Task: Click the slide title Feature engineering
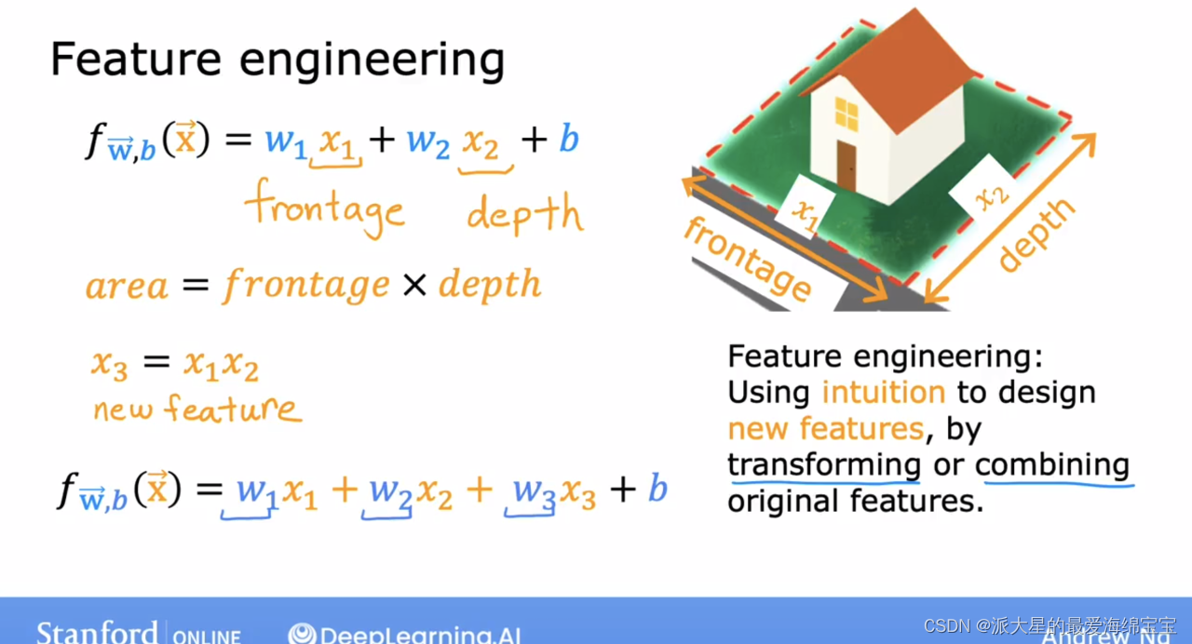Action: tap(277, 60)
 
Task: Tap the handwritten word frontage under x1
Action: tap(325, 208)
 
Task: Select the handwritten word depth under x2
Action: tap(524, 214)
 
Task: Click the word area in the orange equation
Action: tap(127, 285)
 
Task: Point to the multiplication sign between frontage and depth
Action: tap(413, 285)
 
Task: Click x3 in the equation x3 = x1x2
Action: tap(108, 364)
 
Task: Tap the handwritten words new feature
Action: tap(196, 408)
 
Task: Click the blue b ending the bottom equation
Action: tap(657, 488)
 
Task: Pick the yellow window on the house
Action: tap(847, 114)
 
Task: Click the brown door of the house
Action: tap(846, 165)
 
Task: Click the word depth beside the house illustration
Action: tap(1036, 234)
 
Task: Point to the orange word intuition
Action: tap(883, 392)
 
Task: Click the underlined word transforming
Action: tap(824, 463)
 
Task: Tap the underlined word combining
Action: tap(1052, 463)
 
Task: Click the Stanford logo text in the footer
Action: tap(97, 633)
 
